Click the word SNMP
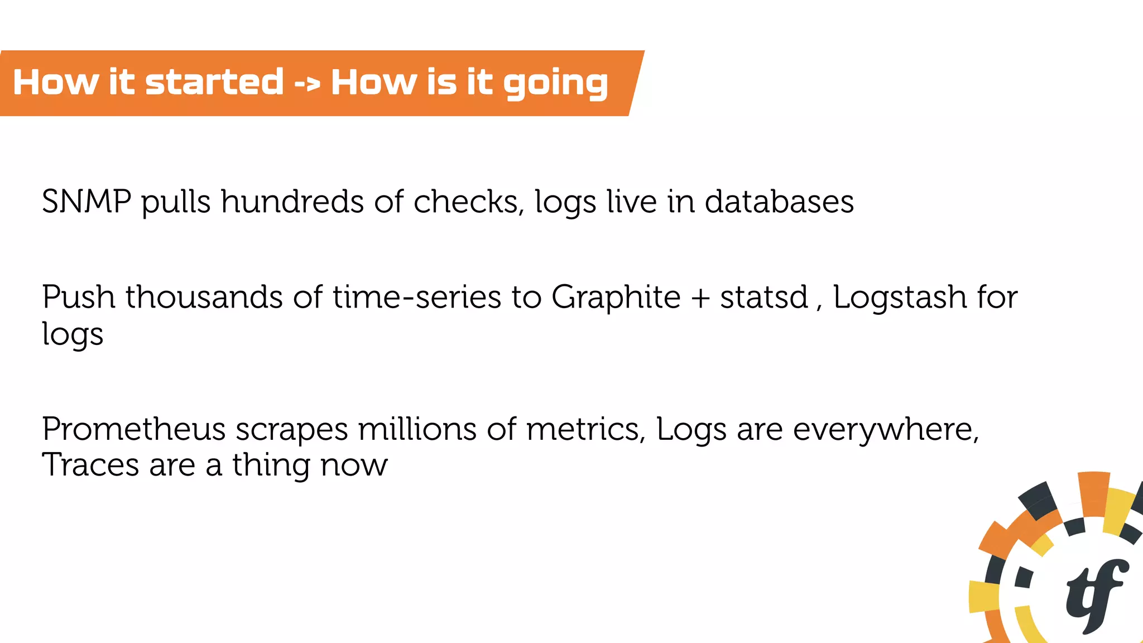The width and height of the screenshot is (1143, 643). (x=87, y=201)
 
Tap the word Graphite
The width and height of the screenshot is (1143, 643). (x=616, y=297)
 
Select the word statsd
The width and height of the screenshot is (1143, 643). (x=763, y=297)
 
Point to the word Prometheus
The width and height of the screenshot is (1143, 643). (x=133, y=429)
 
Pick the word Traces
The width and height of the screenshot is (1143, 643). (x=90, y=465)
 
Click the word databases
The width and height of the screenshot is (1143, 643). (x=779, y=201)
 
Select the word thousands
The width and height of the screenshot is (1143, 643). (x=204, y=297)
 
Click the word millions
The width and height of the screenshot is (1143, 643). (x=417, y=429)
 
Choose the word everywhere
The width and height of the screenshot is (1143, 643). (x=886, y=429)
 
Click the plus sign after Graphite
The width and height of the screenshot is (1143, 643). (x=700, y=298)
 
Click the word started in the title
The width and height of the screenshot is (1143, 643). (x=214, y=82)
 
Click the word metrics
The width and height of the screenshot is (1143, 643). (x=585, y=429)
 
